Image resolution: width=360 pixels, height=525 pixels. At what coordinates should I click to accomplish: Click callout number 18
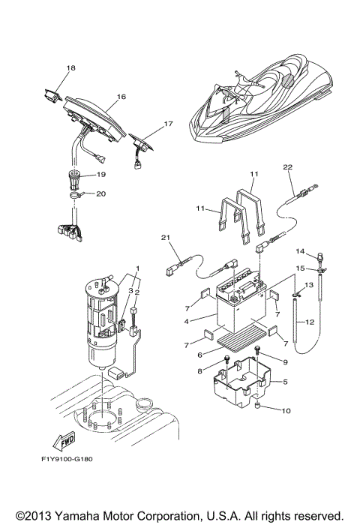coord(70,69)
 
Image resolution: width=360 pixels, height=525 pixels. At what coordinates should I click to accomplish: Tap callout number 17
coord(169,124)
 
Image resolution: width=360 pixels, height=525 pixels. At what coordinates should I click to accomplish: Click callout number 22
coord(287,166)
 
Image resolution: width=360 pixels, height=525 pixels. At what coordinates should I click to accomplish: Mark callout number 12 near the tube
coord(310,321)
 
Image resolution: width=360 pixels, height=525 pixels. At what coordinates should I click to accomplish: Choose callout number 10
coord(286,410)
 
